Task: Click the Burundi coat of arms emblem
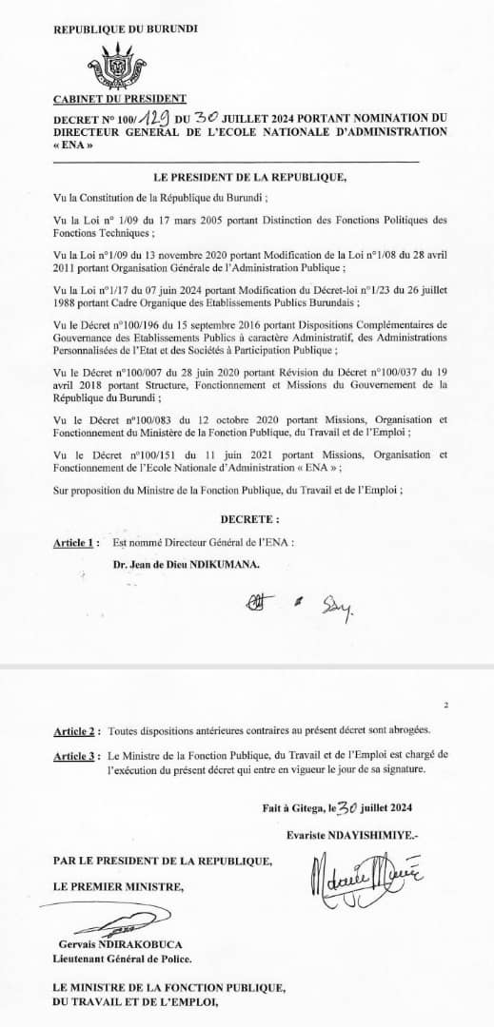point(119,65)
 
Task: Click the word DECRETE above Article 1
point(249,520)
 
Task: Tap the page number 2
point(445,707)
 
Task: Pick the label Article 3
point(76,753)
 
